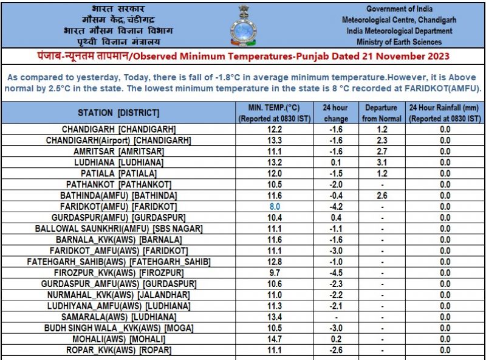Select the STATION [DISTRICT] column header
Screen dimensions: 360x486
click(118, 113)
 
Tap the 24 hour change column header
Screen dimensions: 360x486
click(336, 113)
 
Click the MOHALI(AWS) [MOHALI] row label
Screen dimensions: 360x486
click(118, 339)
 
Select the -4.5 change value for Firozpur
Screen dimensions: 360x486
click(336, 272)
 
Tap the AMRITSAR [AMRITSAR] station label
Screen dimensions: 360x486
click(118, 151)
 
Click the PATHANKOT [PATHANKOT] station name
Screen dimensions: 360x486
click(118, 184)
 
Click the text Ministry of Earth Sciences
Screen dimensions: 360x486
click(399, 42)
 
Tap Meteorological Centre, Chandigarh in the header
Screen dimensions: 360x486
click(399, 20)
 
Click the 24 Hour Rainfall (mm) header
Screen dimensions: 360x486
click(445, 113)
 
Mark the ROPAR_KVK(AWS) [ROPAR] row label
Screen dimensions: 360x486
click(118, 350)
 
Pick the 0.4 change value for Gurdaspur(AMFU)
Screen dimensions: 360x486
click(336, 218)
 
